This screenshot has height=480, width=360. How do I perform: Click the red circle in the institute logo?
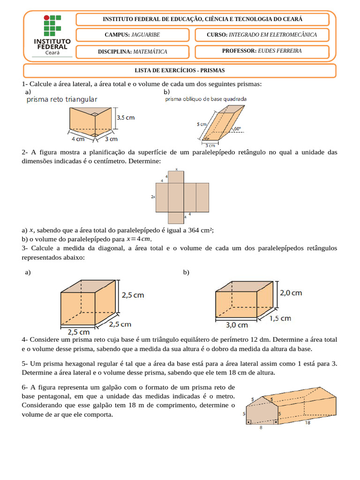tap(46, 18)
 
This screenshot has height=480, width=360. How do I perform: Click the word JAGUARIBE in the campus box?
tap(146, 35)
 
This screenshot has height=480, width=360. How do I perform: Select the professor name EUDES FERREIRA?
tap(280, 51)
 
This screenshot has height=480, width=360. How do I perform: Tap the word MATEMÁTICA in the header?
tap(150, 52)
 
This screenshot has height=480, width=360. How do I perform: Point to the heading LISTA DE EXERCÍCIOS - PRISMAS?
tap(180, 70)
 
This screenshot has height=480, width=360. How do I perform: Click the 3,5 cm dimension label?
tap(126, 118)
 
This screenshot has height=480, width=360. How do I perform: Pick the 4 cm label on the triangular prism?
tap(78, 139)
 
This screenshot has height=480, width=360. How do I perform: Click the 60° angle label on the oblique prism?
tap(238, 129)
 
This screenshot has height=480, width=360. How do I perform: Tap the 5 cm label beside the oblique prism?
tap(202, 124)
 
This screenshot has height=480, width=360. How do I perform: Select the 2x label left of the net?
tap(153, 197)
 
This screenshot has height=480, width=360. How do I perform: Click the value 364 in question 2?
tap(194, 230)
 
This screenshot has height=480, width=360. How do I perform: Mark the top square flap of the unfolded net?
tap(176, 177)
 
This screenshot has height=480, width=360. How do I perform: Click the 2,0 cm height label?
tap(291, 293)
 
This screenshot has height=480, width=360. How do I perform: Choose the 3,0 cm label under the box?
tap(237, 325)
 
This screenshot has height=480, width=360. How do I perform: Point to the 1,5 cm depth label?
tap(280, 318)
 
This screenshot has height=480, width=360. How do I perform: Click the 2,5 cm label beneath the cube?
tap(79, 332)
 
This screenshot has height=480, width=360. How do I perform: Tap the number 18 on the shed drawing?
tap(307, 423)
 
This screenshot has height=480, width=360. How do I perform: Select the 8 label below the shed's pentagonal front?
tap(261, 427)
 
